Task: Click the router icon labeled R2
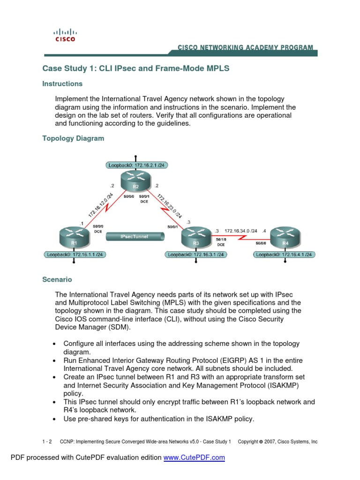(135, 181)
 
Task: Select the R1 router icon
(74, 238)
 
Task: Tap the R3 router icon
(195, 238)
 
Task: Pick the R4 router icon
(285, 238)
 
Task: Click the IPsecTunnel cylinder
(134, 237)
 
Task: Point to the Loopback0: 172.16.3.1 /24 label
(196, 255)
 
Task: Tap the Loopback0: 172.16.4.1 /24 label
(285, 255)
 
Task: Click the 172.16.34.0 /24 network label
(240, 231)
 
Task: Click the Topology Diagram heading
(73, 139)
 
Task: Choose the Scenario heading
(57, 279)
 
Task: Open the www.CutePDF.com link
(194, 457)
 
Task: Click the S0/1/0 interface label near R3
(221, 239)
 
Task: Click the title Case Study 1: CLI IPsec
(136, 68)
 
